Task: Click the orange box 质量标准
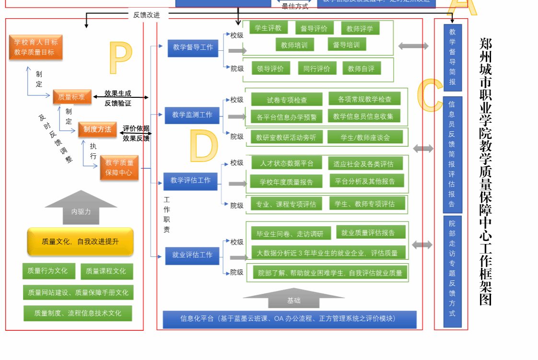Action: click(x=72, y=97)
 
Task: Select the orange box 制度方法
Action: click(x=97, y=129)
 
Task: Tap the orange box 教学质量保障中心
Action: click(x=119, y=168)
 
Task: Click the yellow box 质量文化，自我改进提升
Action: click(x=80, y=242)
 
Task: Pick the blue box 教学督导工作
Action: click(x=193, y=47)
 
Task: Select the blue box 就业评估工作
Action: click(x=192, y=255)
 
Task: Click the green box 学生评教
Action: click(x=268, y=28)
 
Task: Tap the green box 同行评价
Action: click(x=316, y=69)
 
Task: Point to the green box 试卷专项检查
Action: click(x=287, y=100)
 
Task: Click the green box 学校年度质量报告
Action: click(x=286, y=182)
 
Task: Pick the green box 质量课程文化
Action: click(x=106, y=271)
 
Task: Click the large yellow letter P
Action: click(x=120, y=58)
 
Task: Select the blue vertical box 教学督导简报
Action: click(x=452, y=57)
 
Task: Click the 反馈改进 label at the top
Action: click(x=146, y=15)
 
